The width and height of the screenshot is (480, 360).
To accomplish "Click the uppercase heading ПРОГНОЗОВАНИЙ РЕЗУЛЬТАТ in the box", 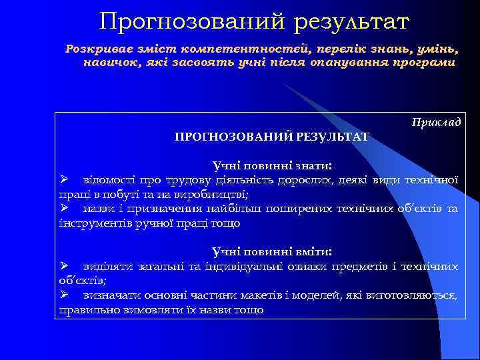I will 271,137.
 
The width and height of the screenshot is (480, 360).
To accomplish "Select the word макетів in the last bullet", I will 269,295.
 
